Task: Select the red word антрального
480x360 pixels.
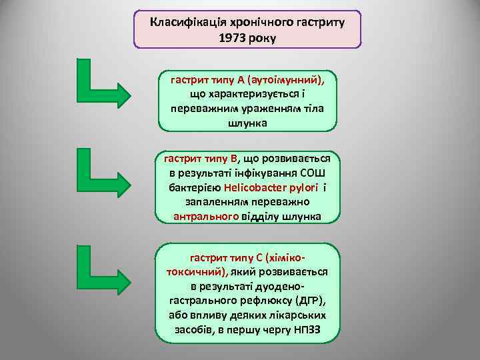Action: pyautogui.click(x=205, y=216)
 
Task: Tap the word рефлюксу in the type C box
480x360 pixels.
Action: pyautogui.click(x=267, y=301)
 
